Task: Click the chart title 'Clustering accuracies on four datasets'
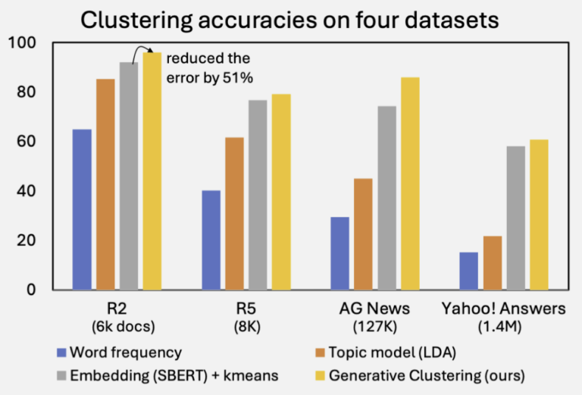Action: click(292, 20)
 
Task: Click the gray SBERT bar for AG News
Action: click(386, 198)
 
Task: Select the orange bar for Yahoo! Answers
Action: click(492, 262)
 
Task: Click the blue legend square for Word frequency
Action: click(61, 353)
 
